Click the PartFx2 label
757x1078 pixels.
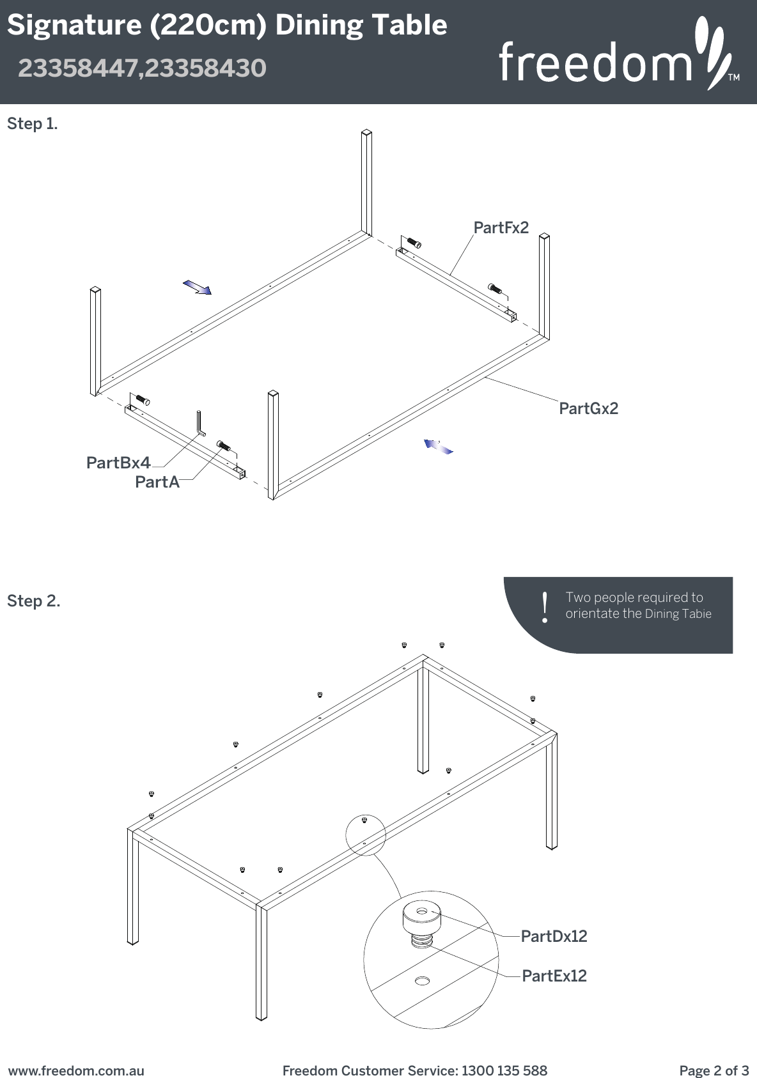pyautogui.click(x=501, y=227)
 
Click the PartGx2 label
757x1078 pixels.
pyautogui.click(x=588, y=408)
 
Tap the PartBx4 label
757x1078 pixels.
pyautogui.click(x=118, y=463)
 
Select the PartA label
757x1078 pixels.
pyautogui.click(x=157, y=482)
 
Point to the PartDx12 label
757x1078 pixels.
pyautogui.click(x=554, y=936)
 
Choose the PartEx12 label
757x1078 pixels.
pyautogui.click(x=554, y=976)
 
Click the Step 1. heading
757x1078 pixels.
pyautogui.click(x=32, y=123)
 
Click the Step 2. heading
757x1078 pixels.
pyautogui.click(x=33, y=601)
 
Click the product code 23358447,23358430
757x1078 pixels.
pyautogui.click(x=142, y=68)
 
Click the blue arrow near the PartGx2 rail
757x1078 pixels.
pyautogui.click(x=439, y=446)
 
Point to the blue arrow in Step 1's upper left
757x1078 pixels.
pyautogui.click(x=197, y=288)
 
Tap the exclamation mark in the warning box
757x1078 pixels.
pyautogui.click(x=544, y=607)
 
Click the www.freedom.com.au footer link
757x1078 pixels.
pyautogui.click(x=76, y=1070)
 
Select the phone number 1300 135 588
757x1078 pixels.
pyautogui.click(x=504, y=1070)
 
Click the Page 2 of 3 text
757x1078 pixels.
pyautogui.click(x=714, y=1070)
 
